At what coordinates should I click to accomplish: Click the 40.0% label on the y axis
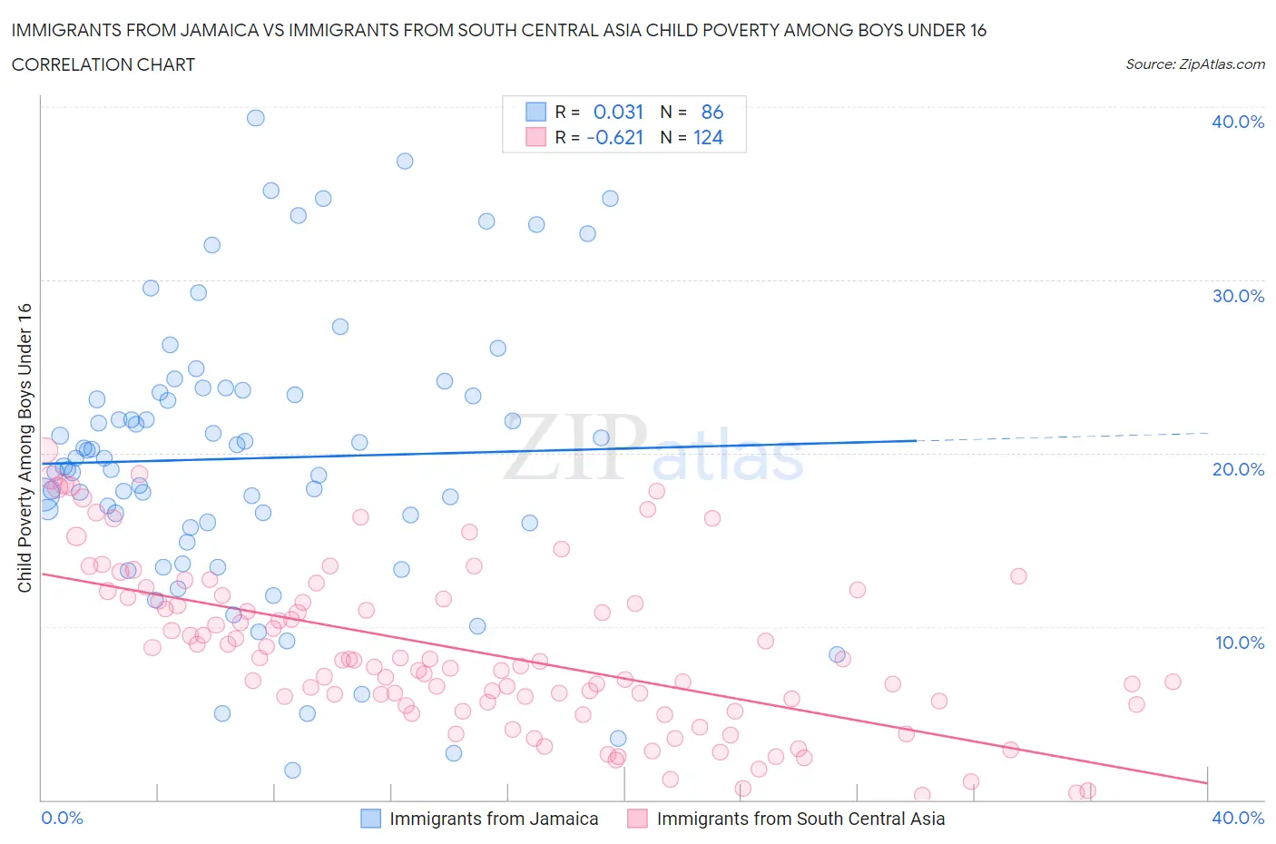(x=1237, y=122)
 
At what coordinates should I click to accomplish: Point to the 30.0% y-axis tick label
(x=1237, y=296)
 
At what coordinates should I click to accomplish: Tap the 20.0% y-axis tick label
(x=1237, y=469)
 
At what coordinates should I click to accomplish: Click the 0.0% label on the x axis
(x=62, y=818)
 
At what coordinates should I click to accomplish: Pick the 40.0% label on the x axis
(x=1238, y=818)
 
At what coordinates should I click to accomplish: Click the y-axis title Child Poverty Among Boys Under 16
(x=25, y=447)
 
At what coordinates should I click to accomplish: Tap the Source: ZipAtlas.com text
(x=1194, y=64)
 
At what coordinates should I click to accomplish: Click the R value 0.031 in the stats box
(x=618, y=112)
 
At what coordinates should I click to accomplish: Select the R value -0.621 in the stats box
(x=614, y=137)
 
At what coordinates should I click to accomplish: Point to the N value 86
(x=712, y=112)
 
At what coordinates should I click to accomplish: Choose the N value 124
(x=708, y=137)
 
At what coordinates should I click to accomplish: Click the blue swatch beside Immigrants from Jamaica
(x=370, y=818)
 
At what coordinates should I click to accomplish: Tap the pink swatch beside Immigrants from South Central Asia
(x=637, y=818)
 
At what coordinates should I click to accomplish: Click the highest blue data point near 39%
(x=256, y=118)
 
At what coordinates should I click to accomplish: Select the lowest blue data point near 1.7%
(x=292, y=770)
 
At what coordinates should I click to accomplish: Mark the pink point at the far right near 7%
(x=1173, y=682)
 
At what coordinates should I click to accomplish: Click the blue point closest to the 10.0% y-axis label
(x=838, y=654)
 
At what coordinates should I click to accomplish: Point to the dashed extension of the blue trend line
(x=1062, y=437)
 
